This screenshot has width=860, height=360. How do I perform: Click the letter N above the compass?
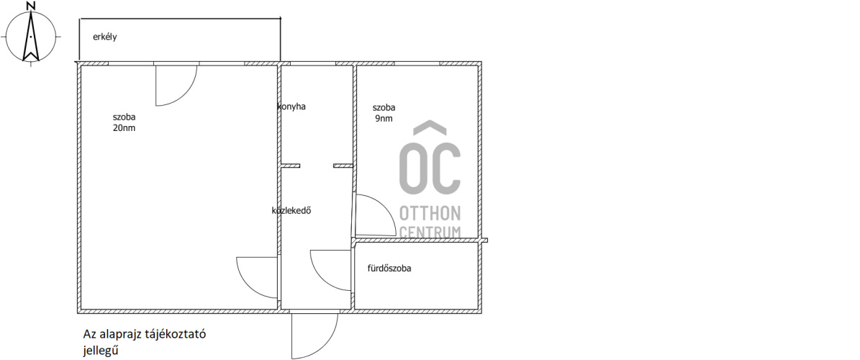click(x=31, y=6)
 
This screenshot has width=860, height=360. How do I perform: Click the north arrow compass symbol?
click(x=31, y=37)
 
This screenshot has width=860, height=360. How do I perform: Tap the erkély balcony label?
click(x=105, y=37)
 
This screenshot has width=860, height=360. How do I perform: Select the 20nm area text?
click(x=124, y=128)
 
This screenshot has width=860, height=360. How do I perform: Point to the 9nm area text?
click(x=384, y=118)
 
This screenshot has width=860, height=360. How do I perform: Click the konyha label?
click(x=291, y=107)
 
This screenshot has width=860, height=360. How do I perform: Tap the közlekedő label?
click(x=291, y=210)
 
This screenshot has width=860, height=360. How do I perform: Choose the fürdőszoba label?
click(x=389, y=269)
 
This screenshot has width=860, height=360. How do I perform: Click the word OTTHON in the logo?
click(x=430, y=213)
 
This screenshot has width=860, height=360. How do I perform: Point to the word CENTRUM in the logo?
click(x=430, y=232)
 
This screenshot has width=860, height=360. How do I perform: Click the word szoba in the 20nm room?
click(x=124, y=117)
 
